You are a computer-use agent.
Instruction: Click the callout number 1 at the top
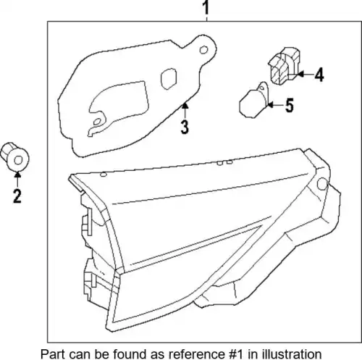click(206, 7)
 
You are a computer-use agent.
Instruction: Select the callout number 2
click(17, 196)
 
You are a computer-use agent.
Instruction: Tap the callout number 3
click(185, 127)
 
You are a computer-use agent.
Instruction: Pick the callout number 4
click(319, 75)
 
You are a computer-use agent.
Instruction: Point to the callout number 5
click(290, 105)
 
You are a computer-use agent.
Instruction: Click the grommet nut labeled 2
click(14, 156)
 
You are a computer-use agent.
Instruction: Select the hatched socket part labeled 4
click(285, 66)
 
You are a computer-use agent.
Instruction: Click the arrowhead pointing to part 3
click(185, 106)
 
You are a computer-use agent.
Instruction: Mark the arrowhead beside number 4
click(300, 75)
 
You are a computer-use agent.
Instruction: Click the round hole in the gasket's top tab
click(203, 50)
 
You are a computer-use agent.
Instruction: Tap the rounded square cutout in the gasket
click(169, 78)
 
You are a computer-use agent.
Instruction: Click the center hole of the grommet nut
click(18, 160)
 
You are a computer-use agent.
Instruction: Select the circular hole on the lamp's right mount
click(322, 184)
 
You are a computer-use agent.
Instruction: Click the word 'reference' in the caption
click(196, 354)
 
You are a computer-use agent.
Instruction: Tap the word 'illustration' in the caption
click(291, 354)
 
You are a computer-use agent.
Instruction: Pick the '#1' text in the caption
click(235, 354)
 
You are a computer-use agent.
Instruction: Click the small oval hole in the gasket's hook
click(97, 122)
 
